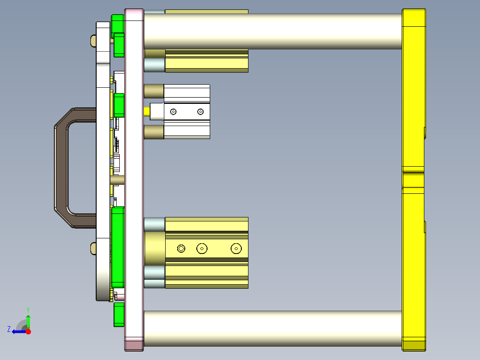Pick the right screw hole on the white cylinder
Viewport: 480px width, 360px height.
click(x=200, y=111)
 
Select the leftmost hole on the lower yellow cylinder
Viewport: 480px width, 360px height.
click(x=181, y=248)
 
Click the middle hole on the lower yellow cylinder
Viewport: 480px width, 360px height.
click(x=202, y=248)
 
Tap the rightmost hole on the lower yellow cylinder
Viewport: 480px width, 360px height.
click(x=236, y=248)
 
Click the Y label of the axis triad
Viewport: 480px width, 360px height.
click(x=28, y=309)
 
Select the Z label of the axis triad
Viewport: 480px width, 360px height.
click(x=9, y=329)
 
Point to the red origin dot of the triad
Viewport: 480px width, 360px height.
click(x=28, y=331)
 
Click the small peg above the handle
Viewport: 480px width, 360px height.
click(x=93, y=41)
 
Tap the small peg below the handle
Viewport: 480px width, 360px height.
click(x=93, y=248)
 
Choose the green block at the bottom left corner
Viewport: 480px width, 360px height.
click(x=118, y=315)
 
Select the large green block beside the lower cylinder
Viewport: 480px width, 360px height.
click(x=118, y=247)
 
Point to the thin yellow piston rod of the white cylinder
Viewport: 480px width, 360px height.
click(x=147, y=111)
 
